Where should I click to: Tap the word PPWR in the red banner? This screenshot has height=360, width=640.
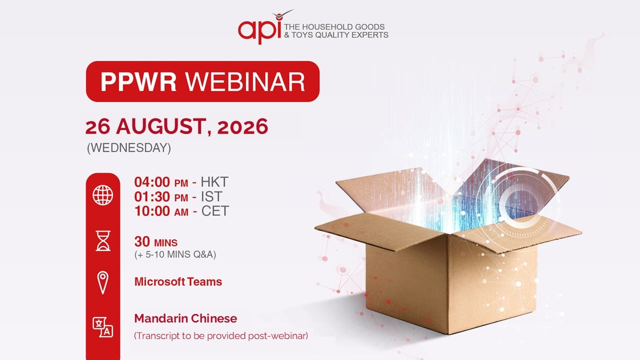pos(138,81)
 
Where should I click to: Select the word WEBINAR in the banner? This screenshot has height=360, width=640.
pos(245,81)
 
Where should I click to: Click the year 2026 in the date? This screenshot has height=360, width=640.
pos(242,126)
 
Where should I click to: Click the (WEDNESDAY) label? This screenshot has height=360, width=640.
pos(129,148)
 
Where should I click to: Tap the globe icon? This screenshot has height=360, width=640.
pos(103,195)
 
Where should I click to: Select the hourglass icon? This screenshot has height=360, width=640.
pos(103,241)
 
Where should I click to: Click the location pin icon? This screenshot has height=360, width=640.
pos(103,283)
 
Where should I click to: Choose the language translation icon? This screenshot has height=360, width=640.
pos(103,327)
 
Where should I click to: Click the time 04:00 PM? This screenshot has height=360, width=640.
pos(161,182)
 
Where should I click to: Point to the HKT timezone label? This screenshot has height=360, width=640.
pos(214,182)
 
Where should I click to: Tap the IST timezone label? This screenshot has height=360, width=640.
pos(211,196)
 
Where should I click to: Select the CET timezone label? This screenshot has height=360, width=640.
pos(215,211)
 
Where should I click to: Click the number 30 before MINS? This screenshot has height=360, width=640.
pos(142,241)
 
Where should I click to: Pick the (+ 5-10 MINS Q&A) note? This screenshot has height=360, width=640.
pos(175,254)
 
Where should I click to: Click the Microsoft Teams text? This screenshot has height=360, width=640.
pos(178,281)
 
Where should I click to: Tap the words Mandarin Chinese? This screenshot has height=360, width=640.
pos(185,318)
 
